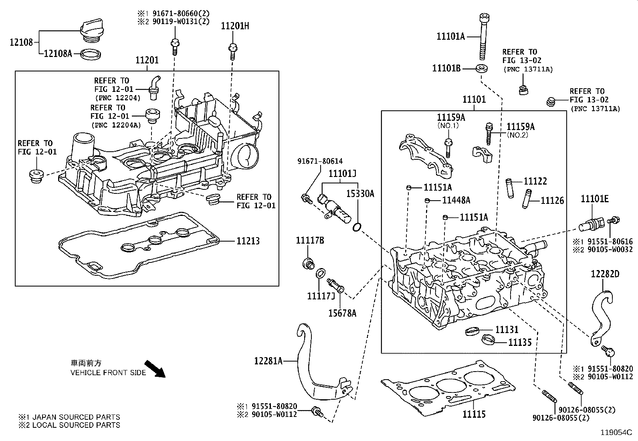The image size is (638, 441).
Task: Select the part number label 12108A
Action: coord(58,53)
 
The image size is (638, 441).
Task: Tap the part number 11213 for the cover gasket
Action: coord(248,241)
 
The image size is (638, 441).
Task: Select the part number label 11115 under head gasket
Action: coord(474,415)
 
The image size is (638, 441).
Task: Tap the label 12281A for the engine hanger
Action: coord(268,361)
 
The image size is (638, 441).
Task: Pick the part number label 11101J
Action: coord(342,174)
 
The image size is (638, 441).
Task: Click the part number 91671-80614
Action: coord(320,161)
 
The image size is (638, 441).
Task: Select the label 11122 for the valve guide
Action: coord(535,181)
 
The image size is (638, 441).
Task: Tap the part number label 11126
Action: coord(552,201)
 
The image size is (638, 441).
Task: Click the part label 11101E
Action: coord(595,199)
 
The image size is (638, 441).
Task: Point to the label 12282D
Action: coord(605,274)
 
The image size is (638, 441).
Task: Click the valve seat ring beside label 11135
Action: coord(487,339)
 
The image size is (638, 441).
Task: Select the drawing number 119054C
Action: coord(616,433)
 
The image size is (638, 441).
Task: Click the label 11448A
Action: coord(456,200)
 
